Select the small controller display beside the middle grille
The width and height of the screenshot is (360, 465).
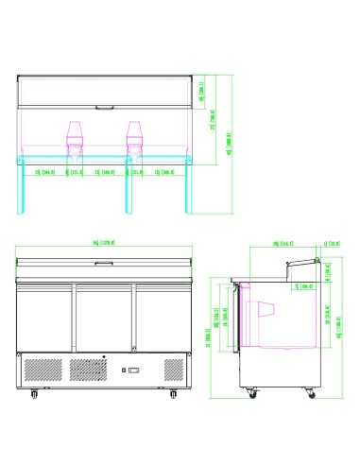(x=133, y=369)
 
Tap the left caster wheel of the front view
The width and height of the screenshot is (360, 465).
(x=35, y=390)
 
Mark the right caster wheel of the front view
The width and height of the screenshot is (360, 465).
(x=172, y=390)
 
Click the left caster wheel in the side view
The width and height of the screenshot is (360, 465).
(x=251, y=390)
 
